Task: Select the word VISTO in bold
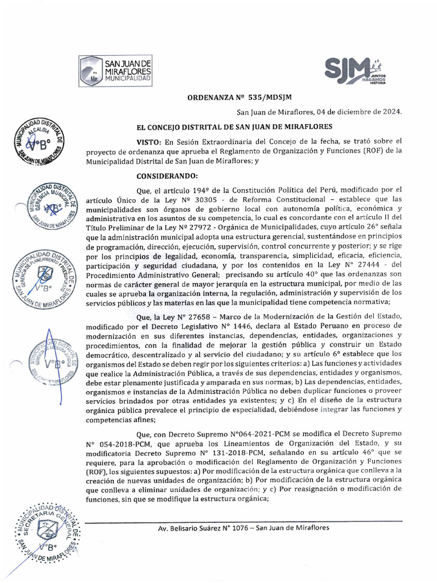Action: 149,141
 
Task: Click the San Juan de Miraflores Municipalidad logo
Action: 116,71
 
